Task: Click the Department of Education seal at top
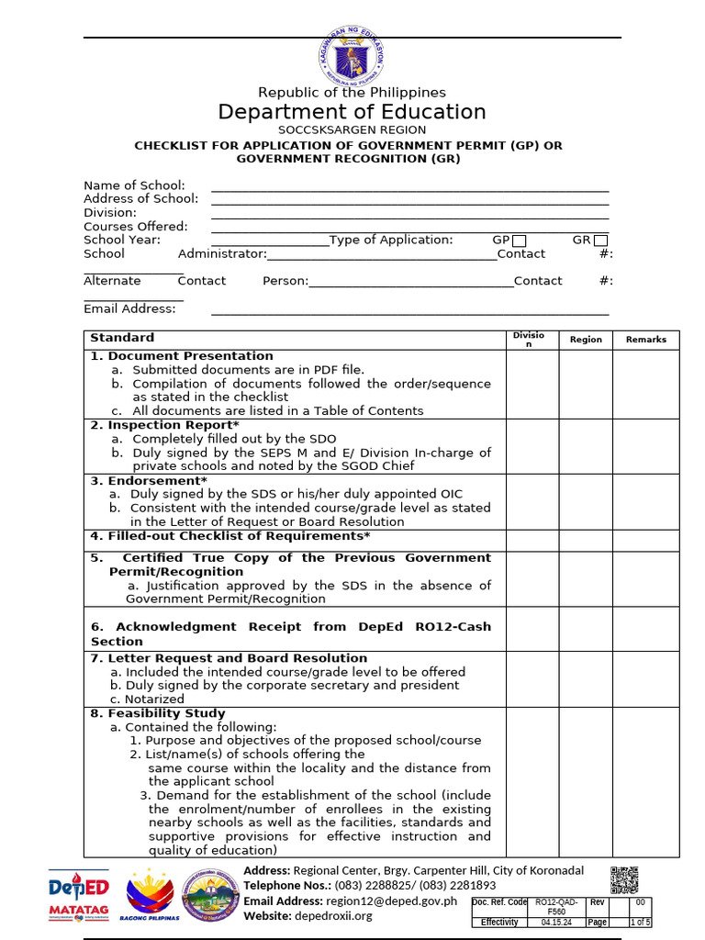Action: (x=352, y=55)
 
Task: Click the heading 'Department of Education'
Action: (x=352, y=112)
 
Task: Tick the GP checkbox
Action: (x=520, y=241)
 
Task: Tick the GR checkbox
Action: (x=600, y=241)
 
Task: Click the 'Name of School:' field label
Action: (x=134, y=185)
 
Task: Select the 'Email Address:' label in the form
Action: (x=129, y=308)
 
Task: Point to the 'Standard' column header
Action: (x=122, y=338)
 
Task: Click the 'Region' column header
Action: (x=586, y=340)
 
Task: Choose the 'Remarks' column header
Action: (x=646, y=340)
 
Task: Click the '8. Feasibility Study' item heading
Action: (x=157, y=713)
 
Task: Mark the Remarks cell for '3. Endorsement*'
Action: (x=646, y=501)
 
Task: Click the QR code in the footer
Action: (x=624, y=879)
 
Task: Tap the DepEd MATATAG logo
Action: (x=79, y=895)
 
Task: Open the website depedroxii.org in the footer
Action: (x=333, y=916)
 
